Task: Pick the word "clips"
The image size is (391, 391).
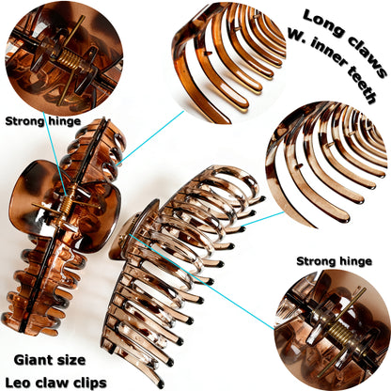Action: tap(90, 383)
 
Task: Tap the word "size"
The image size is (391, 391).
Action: tap(73, 360)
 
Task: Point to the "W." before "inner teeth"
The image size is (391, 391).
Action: tap(298, 34)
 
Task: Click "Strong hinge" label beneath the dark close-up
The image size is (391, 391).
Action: tap(43, 121)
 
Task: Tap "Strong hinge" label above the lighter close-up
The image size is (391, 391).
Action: tap(334, 261)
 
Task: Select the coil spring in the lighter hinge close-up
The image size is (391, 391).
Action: tap(338, 333)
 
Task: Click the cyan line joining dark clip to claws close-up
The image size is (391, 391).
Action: tap(151, 137)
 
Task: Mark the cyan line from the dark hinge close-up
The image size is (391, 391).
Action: tap(55, 154)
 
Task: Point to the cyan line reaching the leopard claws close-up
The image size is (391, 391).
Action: tap(262, 219)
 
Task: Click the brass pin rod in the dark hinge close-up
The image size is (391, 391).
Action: tap(71, 59)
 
